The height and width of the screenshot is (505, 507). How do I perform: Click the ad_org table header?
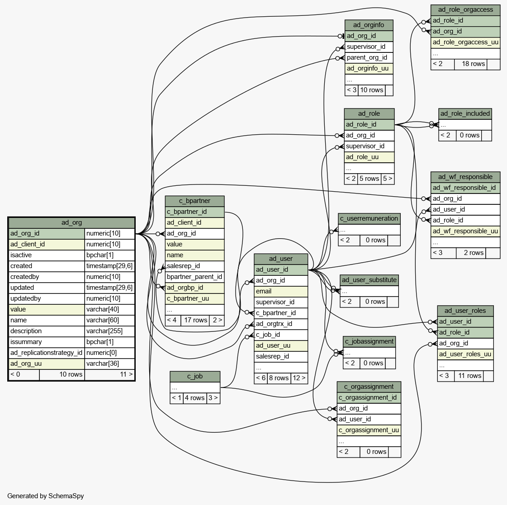(71, 222)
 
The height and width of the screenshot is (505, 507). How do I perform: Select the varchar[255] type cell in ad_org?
(109, 331)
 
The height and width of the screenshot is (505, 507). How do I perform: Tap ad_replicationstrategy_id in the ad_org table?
(47, 353)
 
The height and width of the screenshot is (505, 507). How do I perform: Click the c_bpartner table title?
(194, 201)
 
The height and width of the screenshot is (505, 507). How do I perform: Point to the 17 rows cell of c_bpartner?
(195, 320)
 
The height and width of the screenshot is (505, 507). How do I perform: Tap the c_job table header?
(195, 376)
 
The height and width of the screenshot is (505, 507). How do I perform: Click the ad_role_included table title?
(465, 113)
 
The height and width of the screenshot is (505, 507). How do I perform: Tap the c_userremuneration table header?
(369, 218)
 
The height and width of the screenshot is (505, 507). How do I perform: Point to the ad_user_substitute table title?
(369, 280)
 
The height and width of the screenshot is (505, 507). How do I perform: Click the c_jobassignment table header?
(369, 341)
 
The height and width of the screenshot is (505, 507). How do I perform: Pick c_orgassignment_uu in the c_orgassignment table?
(369, 430)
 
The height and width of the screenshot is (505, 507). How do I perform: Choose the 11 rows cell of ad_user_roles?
(469, 376)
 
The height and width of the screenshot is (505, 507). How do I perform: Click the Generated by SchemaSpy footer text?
(46, 496)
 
